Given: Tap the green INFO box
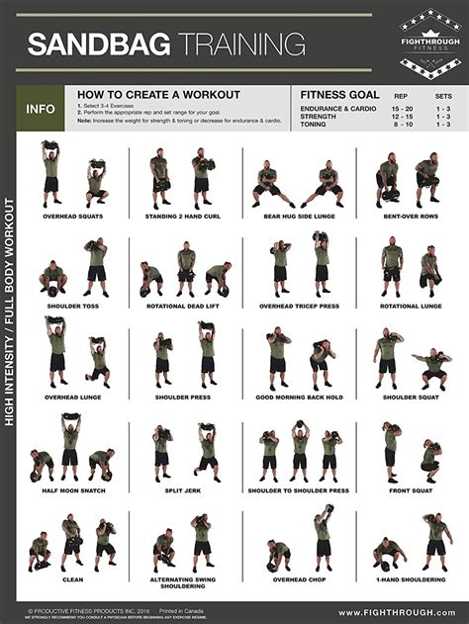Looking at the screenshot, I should click(41, 109).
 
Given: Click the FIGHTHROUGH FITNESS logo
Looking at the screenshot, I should click(428, 44).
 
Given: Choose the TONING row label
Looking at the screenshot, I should click(315, 125).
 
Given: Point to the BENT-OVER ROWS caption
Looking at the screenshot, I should click(408, 216).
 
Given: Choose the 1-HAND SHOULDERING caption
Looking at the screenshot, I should click(408, 580).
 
